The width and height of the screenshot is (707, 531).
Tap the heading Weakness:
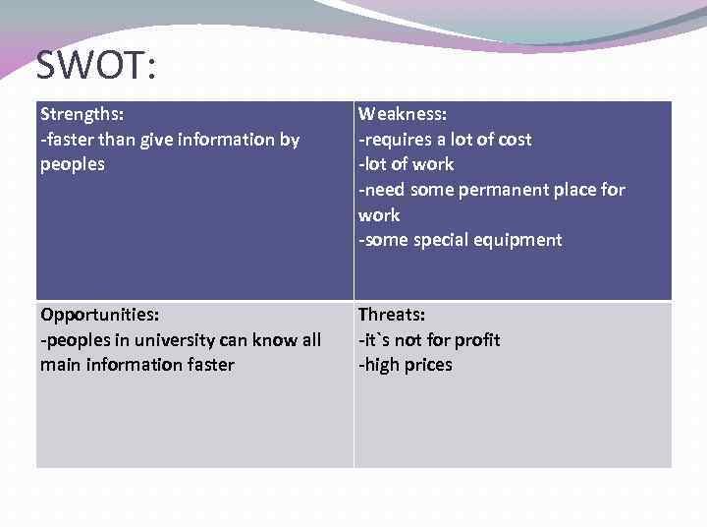403,115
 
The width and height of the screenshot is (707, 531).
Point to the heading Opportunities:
100,315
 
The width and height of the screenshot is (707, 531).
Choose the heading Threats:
392,315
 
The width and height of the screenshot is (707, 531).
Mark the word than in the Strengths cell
120,140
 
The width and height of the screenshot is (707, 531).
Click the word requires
398,140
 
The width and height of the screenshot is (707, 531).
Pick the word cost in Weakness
512,140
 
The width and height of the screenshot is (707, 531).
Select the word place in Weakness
571,190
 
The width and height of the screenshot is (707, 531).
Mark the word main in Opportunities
60,365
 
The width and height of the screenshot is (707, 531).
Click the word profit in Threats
475,340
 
